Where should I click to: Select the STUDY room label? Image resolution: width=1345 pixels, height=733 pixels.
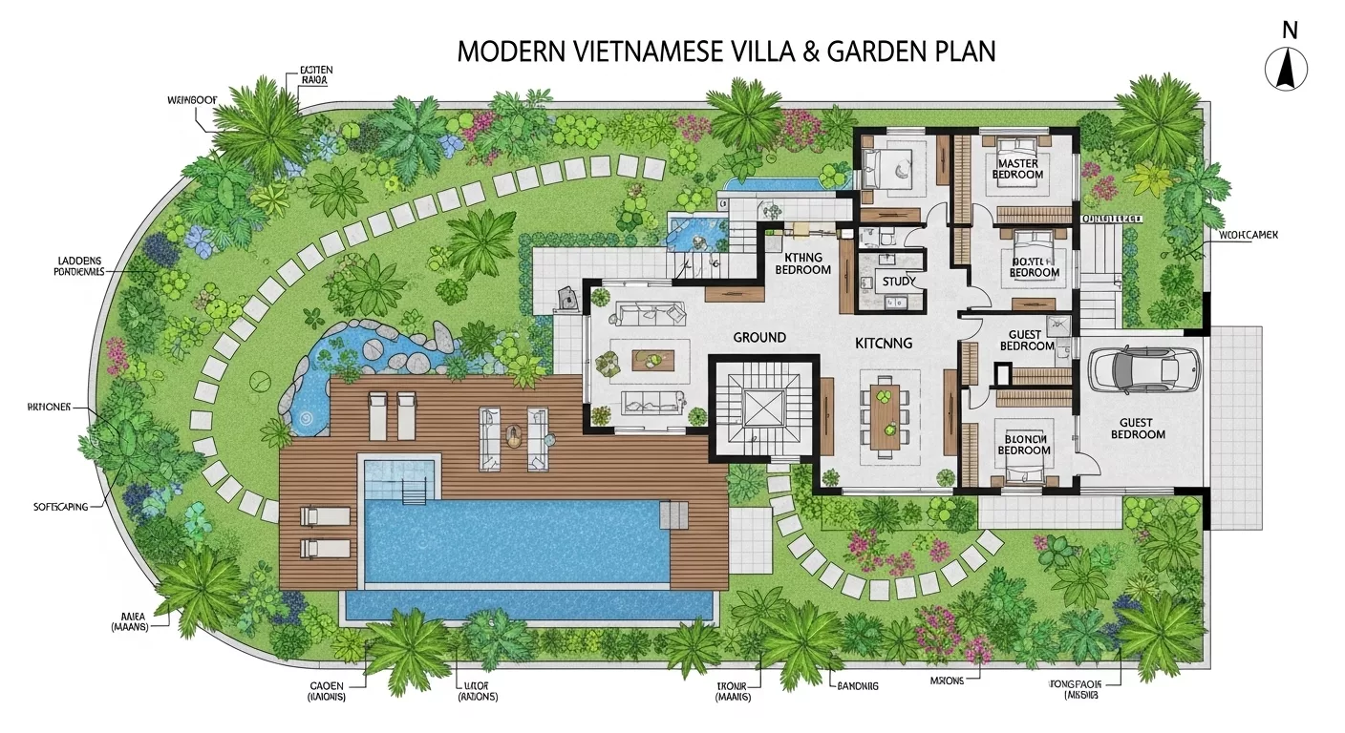pos(899,282)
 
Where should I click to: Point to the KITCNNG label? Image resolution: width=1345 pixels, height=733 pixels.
pos(884,343)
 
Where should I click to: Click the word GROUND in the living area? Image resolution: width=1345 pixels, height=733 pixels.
pos(759,337)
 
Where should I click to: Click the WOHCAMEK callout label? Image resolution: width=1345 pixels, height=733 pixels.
pos(1249,235)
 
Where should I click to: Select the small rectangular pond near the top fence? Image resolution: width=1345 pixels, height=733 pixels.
pos(771,181)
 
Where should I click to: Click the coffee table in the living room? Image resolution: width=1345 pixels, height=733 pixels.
pos(653,360)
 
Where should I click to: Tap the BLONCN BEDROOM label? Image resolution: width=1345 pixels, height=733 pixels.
pos(1023,444)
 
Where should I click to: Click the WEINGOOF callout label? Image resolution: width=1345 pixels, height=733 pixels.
pos(187,98)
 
